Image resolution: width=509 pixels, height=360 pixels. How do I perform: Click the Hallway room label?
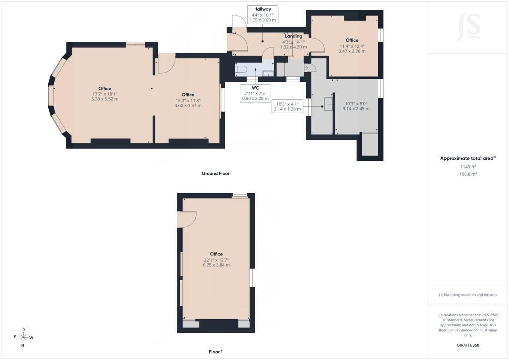262,9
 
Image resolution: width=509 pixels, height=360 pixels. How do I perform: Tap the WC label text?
255,88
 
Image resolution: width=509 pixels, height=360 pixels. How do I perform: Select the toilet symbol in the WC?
241,69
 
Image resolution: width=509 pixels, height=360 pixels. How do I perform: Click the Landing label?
293,36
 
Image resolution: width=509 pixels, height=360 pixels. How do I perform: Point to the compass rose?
23,337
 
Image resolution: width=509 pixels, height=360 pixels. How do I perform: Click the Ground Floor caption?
216,174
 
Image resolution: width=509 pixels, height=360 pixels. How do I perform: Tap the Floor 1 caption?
216,352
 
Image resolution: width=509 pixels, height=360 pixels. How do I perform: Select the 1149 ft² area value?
468,167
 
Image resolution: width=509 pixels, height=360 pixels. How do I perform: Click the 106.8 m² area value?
468,174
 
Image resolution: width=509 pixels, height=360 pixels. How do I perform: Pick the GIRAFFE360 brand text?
468,345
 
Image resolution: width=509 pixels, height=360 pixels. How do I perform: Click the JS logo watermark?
468,27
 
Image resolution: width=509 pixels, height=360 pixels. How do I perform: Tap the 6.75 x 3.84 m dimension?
216,265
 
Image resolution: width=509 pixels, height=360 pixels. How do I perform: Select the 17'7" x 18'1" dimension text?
105,94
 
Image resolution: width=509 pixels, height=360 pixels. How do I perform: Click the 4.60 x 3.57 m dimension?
188,106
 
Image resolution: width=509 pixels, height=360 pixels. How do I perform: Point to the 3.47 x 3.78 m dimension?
352,51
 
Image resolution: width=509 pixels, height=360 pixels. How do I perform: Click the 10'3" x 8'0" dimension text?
356,104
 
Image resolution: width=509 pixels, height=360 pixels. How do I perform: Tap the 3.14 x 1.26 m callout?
287,109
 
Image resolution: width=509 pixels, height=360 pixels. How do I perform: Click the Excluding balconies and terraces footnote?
468,295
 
